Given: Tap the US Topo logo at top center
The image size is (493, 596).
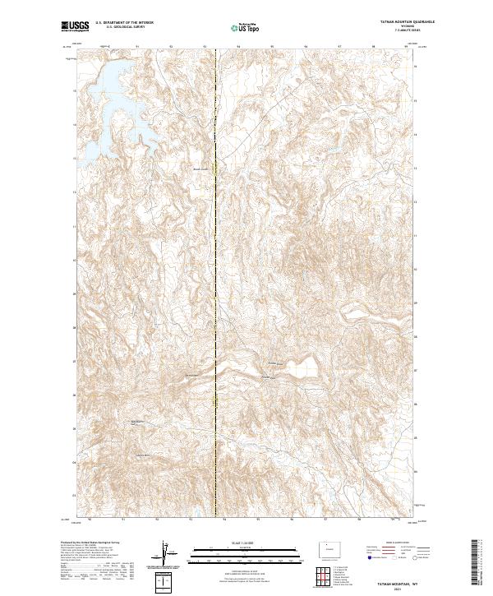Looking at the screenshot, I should (x=246, y=27).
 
